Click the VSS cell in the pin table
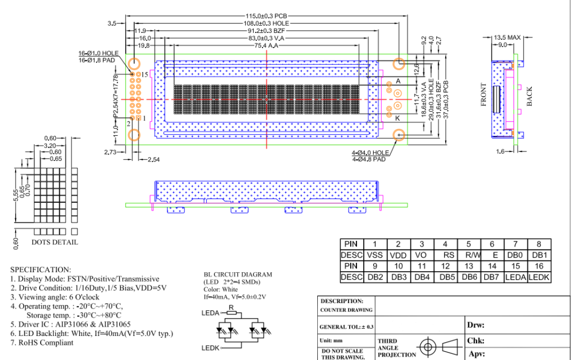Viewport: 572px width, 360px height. (375, 255)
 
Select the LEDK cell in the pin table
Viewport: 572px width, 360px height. (539, 277)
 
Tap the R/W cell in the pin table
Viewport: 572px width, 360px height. (469, 255)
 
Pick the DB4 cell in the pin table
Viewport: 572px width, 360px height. (422, 277)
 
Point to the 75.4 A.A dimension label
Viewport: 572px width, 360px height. (266, 45)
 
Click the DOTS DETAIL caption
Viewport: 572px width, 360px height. (55, 242)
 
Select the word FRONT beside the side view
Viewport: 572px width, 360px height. (484, 94)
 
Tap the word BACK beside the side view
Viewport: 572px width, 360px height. (529, 96)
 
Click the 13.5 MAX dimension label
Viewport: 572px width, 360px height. (507, 37)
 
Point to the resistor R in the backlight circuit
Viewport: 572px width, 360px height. (231, 312)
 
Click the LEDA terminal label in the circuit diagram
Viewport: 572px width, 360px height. (210, 313)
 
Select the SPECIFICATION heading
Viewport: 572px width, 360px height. (41, 269)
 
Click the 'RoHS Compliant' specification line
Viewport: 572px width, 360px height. (41, 342)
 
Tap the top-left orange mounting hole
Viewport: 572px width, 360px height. (134, 63)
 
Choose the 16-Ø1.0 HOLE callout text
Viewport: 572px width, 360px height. (98, 54)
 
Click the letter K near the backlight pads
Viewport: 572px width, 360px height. (398, 118)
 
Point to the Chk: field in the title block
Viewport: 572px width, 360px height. (476, 340)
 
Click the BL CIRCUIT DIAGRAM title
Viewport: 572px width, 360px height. (238, 274)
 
